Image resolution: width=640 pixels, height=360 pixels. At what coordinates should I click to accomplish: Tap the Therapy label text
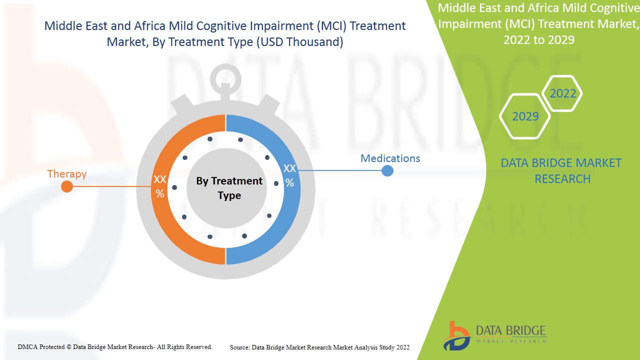[67, 174]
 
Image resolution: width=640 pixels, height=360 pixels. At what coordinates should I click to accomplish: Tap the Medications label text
[390, 158]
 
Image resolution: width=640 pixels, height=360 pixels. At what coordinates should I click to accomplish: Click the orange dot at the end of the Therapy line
[67, 186]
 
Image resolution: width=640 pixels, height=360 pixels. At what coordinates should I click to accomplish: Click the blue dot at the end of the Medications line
[387, 171]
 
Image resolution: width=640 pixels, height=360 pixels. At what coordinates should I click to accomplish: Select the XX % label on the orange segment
[160, 186]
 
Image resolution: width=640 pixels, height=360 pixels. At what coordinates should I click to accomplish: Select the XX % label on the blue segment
[289, 175]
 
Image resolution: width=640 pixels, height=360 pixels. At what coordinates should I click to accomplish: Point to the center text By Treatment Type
[229, 188]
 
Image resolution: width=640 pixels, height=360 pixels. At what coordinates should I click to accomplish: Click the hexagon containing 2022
[562, 93]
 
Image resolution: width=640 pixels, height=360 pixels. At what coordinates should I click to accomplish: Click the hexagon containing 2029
[525, 116]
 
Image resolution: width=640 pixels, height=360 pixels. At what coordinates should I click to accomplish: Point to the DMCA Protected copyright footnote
[115, 346]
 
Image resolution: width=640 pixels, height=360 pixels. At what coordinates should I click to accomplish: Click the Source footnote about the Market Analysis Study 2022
[319, 347]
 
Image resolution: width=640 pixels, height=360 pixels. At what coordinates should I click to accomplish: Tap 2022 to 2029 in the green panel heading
[538, 40]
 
